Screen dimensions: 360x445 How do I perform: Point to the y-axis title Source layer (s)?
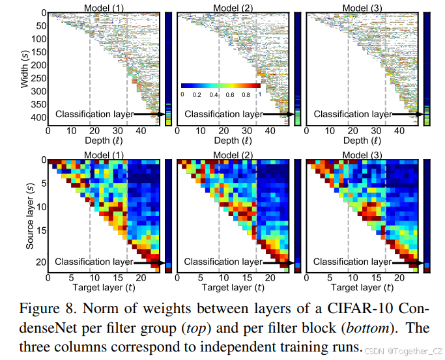click(x=29, y=215)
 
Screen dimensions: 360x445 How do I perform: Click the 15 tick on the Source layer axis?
click(x=40, y=230)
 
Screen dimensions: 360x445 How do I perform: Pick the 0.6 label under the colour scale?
click(x=231, y=95)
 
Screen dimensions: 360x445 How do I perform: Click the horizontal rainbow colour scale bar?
click(x=221, y=85)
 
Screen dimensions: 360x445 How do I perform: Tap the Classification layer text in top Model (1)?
click(x=94, y=114)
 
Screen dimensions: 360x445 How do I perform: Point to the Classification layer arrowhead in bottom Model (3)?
click(x=421, y=262)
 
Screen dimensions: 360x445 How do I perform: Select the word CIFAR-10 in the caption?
click(x=353, y=307)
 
